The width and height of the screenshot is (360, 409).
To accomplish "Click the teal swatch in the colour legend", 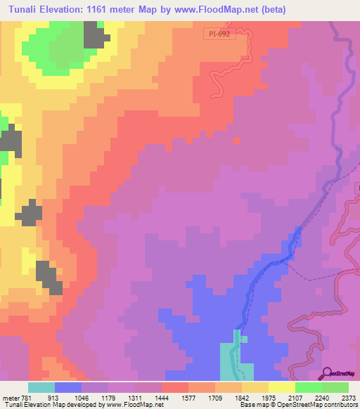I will [41, 387].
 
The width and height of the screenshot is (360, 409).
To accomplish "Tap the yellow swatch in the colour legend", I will [281, 387].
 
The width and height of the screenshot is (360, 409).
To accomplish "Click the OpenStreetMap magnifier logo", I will [326, 374].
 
